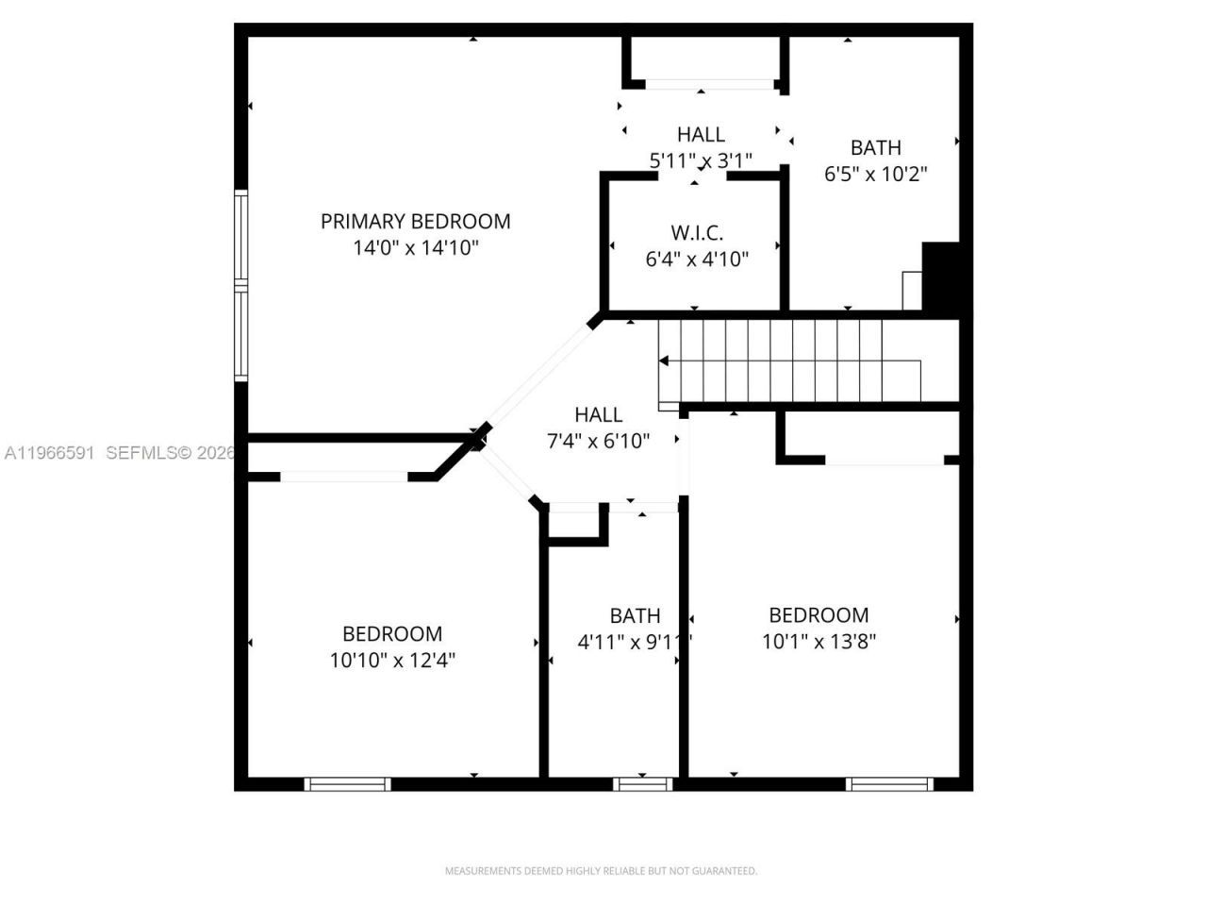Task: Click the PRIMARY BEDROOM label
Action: coord(415,221)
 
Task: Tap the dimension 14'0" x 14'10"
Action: coord(416,248)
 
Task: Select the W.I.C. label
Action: coord(697,232)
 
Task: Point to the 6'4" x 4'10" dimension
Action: coord(697,259)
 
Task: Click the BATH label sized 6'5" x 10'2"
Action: coord(875,147)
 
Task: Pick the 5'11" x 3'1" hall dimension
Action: coord(700,160)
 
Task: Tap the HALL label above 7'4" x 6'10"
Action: coord(598,414)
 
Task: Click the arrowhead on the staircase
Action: coord(664,361)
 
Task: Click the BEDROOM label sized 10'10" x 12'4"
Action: coord(391,633)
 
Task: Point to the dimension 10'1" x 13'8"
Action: coord(818,642)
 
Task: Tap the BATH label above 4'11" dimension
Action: coord(635,615)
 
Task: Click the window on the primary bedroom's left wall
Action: coord(241,285)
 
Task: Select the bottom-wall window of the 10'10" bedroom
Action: coord(347,783)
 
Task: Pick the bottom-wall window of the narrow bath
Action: coord(643,783)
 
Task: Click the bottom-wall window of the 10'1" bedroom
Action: coord(889,783)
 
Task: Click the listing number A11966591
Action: coord(49,453)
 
